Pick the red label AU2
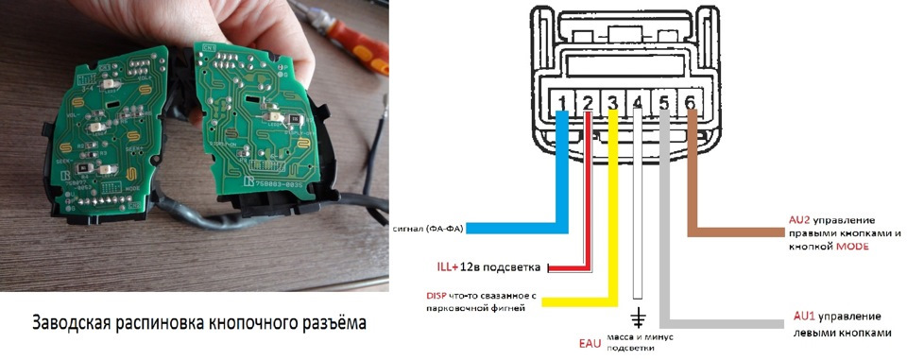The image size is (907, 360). click(x=799, y=219)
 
